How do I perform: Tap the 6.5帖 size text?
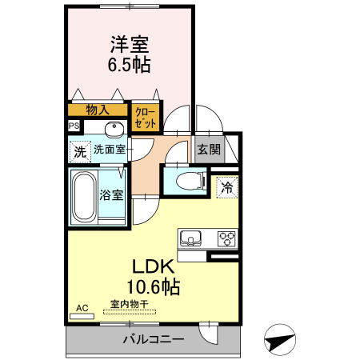pos(129,65)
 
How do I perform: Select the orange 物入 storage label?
pos(98,110)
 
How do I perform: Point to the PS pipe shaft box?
pos(74,126)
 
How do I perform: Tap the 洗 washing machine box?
pos(79,150)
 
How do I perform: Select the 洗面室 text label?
pos(109,149)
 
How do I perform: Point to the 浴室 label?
pos(111,194)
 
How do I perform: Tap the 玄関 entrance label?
pos(209,149)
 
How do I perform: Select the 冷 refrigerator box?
pos(227,189)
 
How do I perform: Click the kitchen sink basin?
pos(192,238)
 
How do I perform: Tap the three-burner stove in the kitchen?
pos(226,238)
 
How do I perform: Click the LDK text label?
pos(149,267)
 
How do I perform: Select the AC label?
pos(82,308)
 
